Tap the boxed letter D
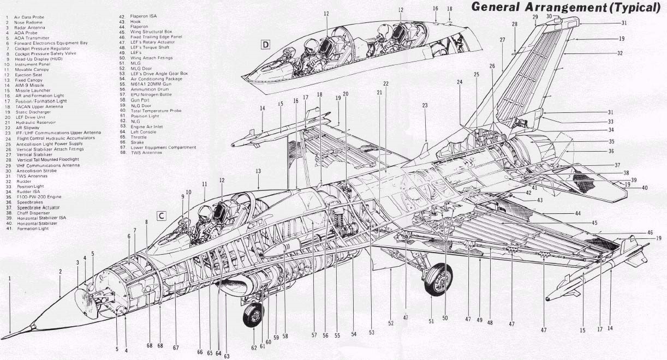point(266,44)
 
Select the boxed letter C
point(162,215)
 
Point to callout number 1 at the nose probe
point(9,279)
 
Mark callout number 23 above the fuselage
point(424,105)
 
